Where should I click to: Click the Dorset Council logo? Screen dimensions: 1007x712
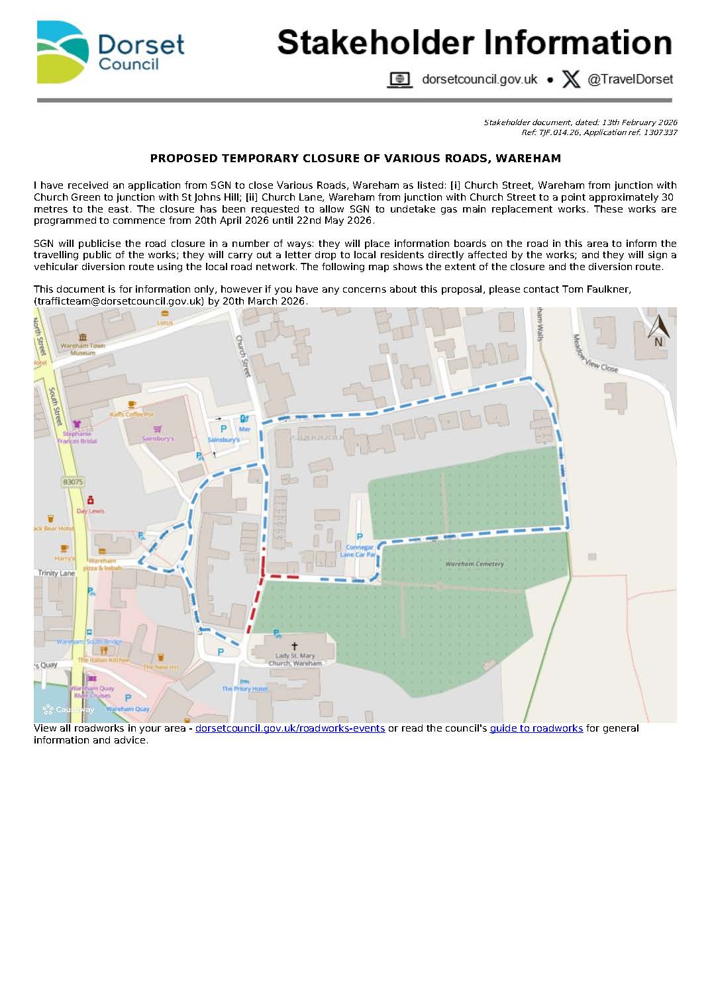(110, 52)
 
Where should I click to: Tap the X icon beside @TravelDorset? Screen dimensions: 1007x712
(570, 79)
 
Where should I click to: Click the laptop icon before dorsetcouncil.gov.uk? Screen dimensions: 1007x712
(399, 80)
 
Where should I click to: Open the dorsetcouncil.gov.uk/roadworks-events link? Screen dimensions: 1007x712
(289, 728)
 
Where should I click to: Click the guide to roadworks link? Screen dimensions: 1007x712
(536, 728)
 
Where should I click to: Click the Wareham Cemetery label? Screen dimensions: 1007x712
(474, 564)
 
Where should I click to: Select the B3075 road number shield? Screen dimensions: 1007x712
(73, 482)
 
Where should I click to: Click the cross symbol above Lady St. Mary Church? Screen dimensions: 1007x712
(295, 646)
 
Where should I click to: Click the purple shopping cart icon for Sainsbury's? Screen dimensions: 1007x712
(158, 429)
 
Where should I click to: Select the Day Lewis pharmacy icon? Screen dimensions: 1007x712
(91, 501)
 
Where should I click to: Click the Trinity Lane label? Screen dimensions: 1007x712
(56, 573)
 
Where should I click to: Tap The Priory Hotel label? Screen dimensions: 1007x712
(244, 689)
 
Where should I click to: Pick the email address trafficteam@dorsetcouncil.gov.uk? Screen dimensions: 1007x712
(119, 301)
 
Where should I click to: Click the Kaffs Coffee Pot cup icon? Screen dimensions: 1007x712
(132, 405)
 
